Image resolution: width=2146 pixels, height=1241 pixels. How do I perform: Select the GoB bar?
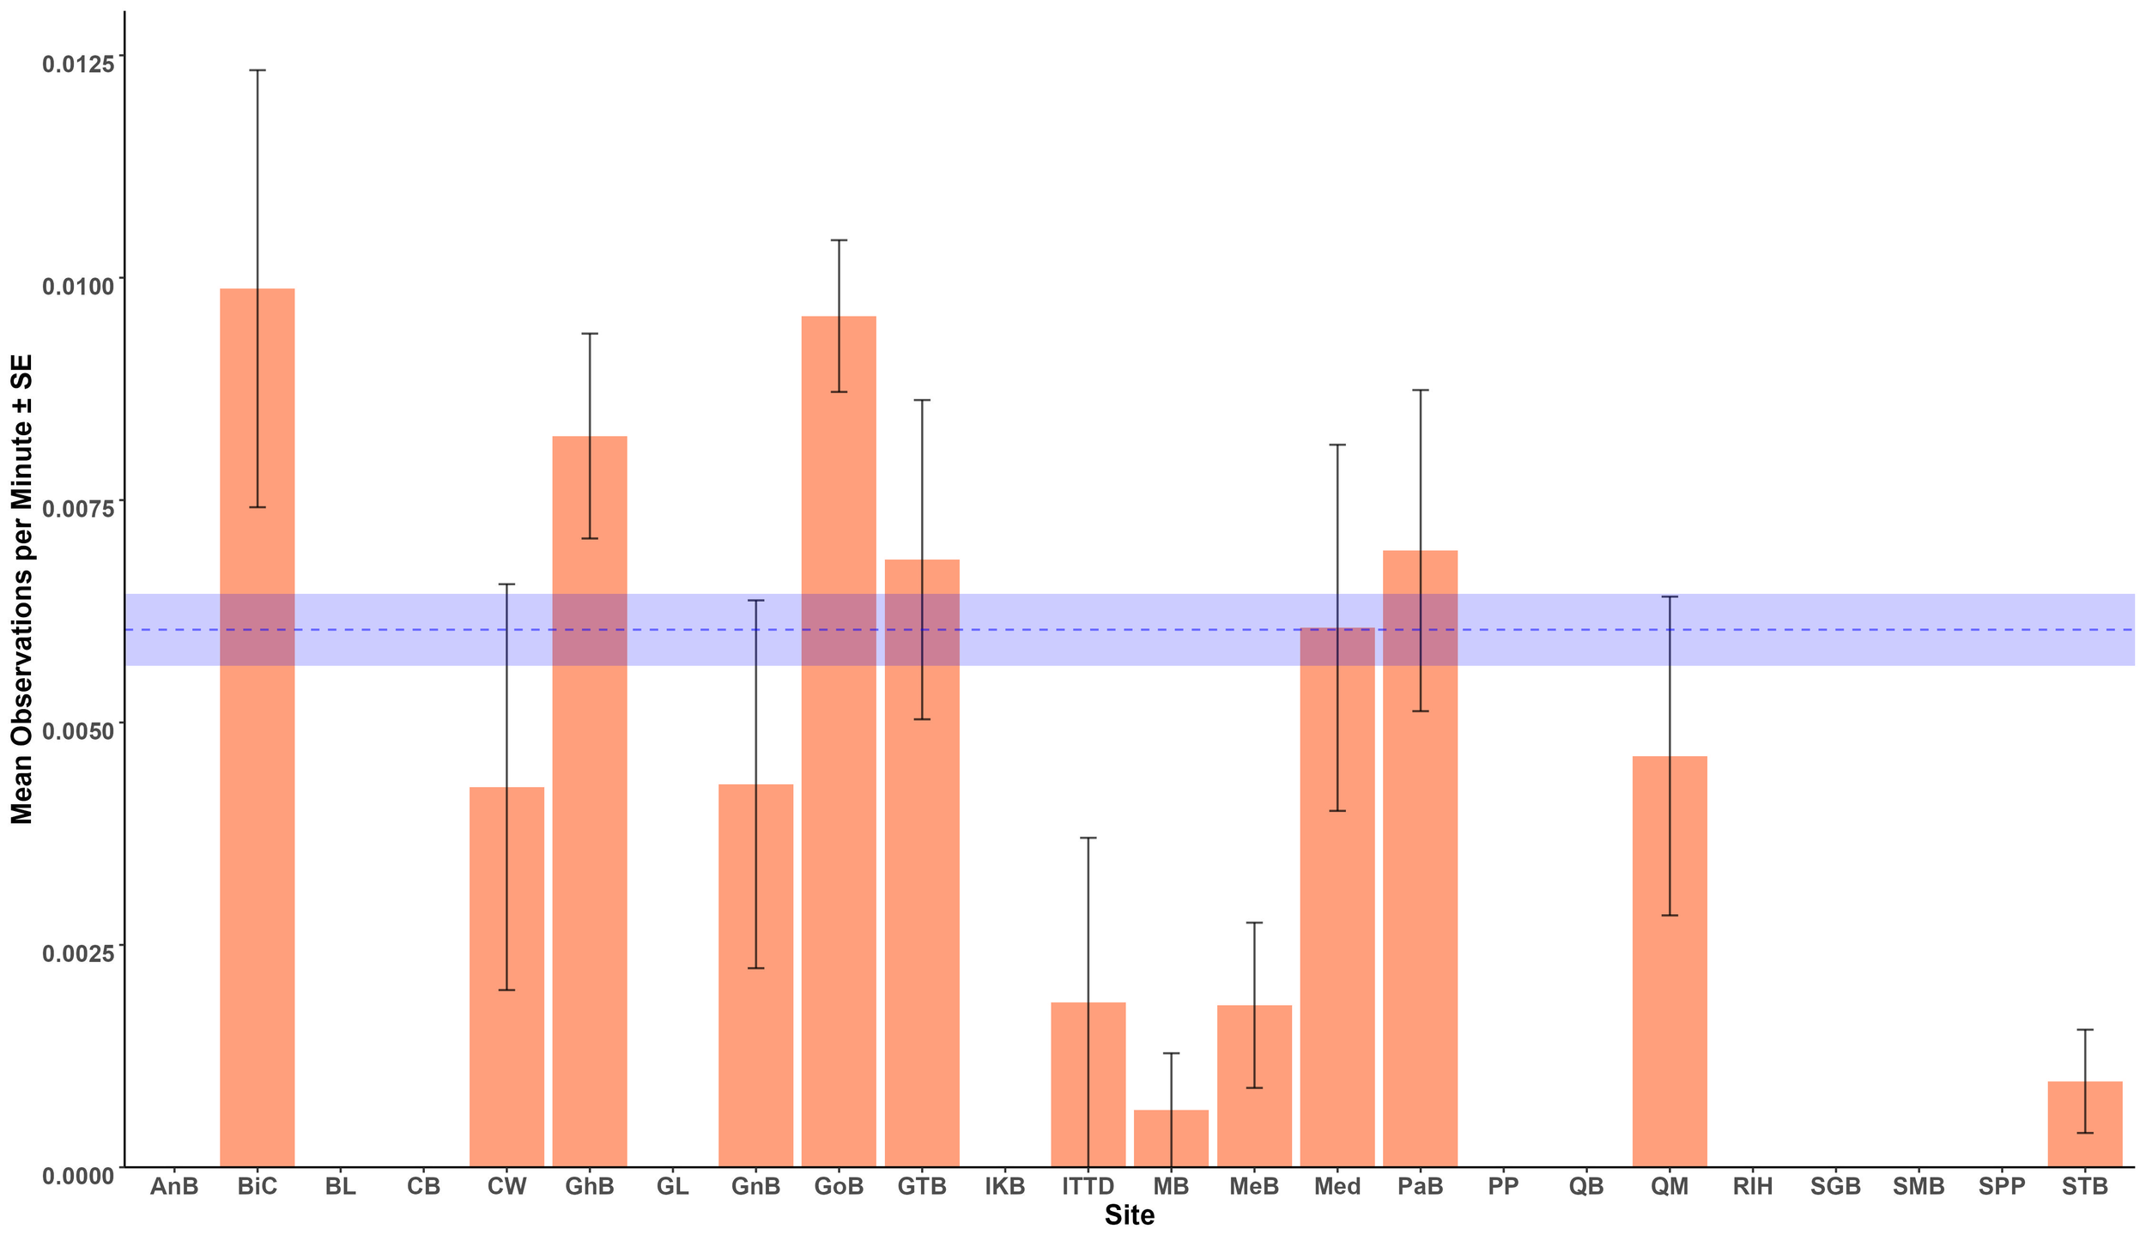[x=839, y=772]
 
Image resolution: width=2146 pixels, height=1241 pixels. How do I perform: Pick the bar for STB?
[x=2085, y=1124]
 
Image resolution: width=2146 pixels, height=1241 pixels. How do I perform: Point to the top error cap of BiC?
[x=258, y=70]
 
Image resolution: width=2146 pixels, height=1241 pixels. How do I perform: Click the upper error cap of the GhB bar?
[x=590, y=334]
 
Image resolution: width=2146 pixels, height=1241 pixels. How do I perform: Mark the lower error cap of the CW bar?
[x=506, y=990]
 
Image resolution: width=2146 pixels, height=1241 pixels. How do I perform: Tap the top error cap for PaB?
[x=1421, y=390]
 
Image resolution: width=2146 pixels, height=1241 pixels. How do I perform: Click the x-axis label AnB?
[x=174, y=1187]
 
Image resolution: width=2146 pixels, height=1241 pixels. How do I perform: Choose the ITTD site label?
[x=1088, y=1187]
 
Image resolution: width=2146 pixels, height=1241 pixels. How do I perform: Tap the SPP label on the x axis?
[x=2002, y=1187]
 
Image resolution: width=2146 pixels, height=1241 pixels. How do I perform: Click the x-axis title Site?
[x=1130, y=1216]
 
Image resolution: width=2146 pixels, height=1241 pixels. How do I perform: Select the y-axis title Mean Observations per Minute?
[x=22, y=590]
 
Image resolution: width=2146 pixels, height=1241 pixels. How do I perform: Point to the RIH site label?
[x=1753, y=1187]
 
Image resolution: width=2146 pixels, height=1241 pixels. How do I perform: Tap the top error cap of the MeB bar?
[x=1254, y=923]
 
